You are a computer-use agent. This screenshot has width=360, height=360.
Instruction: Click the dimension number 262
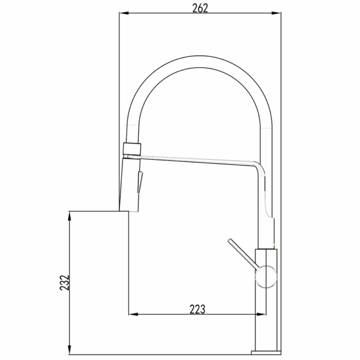click(x=200, y=8)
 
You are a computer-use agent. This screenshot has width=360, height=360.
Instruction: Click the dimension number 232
click(x=65, y=283)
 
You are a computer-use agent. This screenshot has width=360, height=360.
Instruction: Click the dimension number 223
click(x=197, y=309)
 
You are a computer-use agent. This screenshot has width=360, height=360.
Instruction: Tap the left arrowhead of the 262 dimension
click(x=124, y=13)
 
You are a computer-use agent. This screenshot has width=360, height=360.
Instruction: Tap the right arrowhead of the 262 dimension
click(x=276, y=13)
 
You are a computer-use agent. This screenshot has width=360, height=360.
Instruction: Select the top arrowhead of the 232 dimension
click(x=69, y=216)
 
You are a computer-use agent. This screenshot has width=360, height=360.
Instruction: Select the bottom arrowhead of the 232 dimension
click(x=69, y=350)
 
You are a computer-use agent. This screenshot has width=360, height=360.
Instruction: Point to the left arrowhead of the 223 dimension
click(x=133, y=314)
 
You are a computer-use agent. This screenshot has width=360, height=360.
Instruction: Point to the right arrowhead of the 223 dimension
click(x=261, y=314)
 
